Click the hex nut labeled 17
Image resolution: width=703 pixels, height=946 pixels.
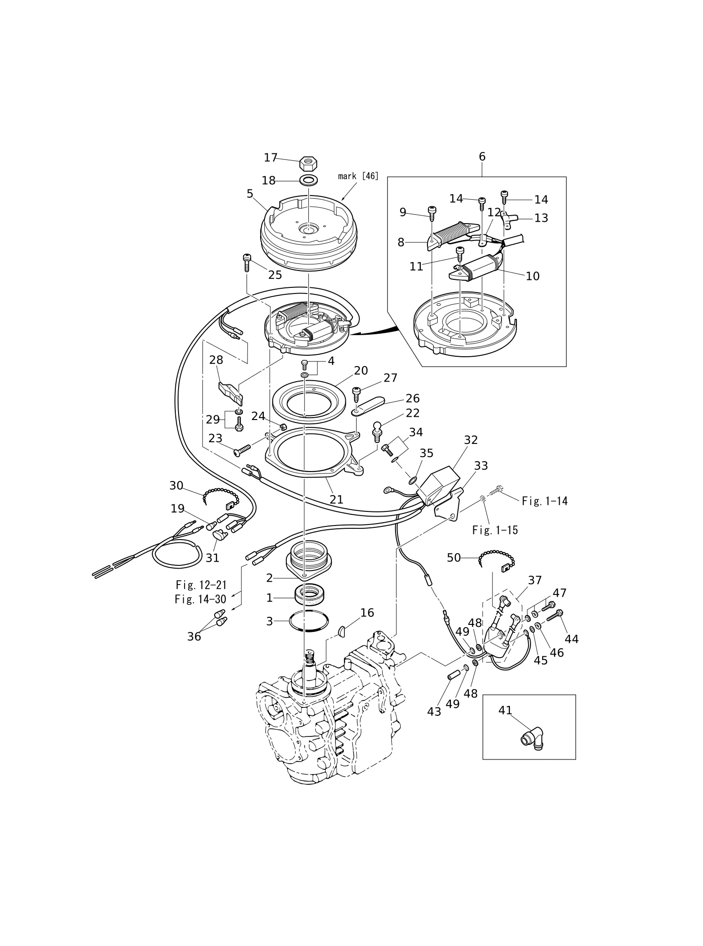tap(309, 164)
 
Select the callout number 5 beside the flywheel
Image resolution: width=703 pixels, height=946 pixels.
tap(250, 194)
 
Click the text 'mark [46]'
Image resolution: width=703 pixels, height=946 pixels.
tap(358, 176)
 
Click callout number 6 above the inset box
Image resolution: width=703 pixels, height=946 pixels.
tap(482, 157)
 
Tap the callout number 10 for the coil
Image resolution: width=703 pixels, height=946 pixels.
tap(532, 276)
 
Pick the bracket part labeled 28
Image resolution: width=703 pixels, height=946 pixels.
tap(232, 392)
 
